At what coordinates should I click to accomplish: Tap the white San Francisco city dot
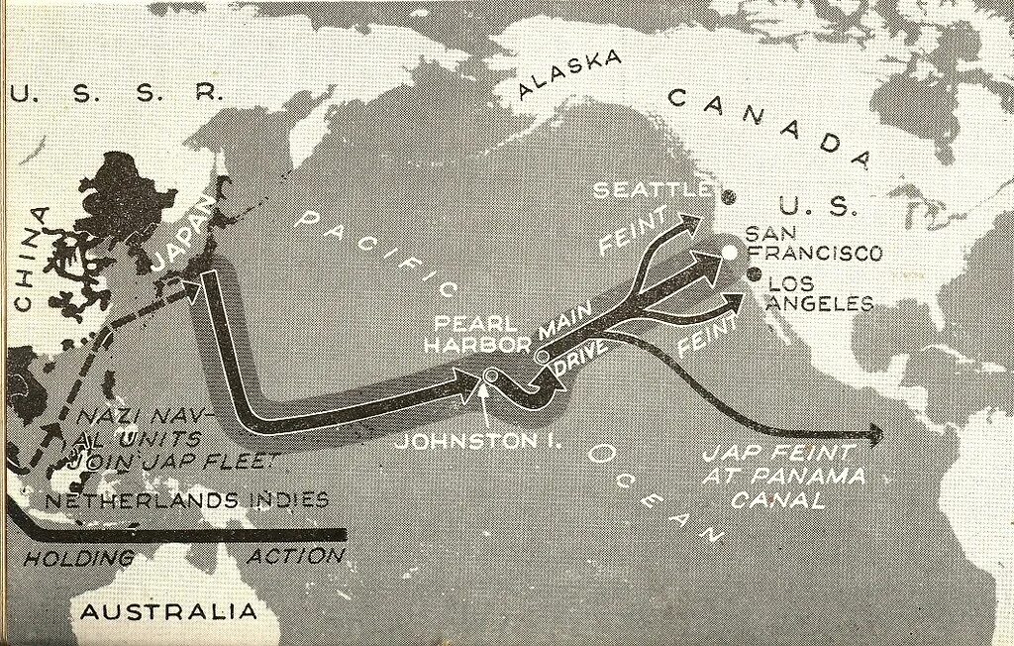point(730,252)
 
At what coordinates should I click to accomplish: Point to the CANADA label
point(767,127)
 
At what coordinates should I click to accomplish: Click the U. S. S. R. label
point(114,93)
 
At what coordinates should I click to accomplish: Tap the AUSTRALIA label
point(168,611)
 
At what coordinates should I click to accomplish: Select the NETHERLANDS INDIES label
point(186,500)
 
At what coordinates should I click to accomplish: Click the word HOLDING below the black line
point(78,558)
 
